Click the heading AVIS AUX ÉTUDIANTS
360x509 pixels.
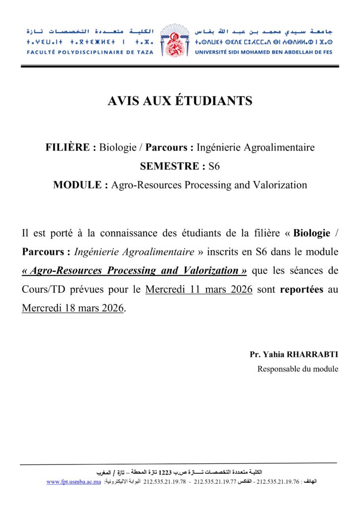[180, 101]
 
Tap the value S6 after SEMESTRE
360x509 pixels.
[214, 167]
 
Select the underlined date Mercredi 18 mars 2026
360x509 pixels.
[73, 308]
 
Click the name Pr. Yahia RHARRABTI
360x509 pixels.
[294, 355]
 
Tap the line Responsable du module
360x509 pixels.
[298, 369]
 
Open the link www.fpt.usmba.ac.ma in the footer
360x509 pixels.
[74, 482]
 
